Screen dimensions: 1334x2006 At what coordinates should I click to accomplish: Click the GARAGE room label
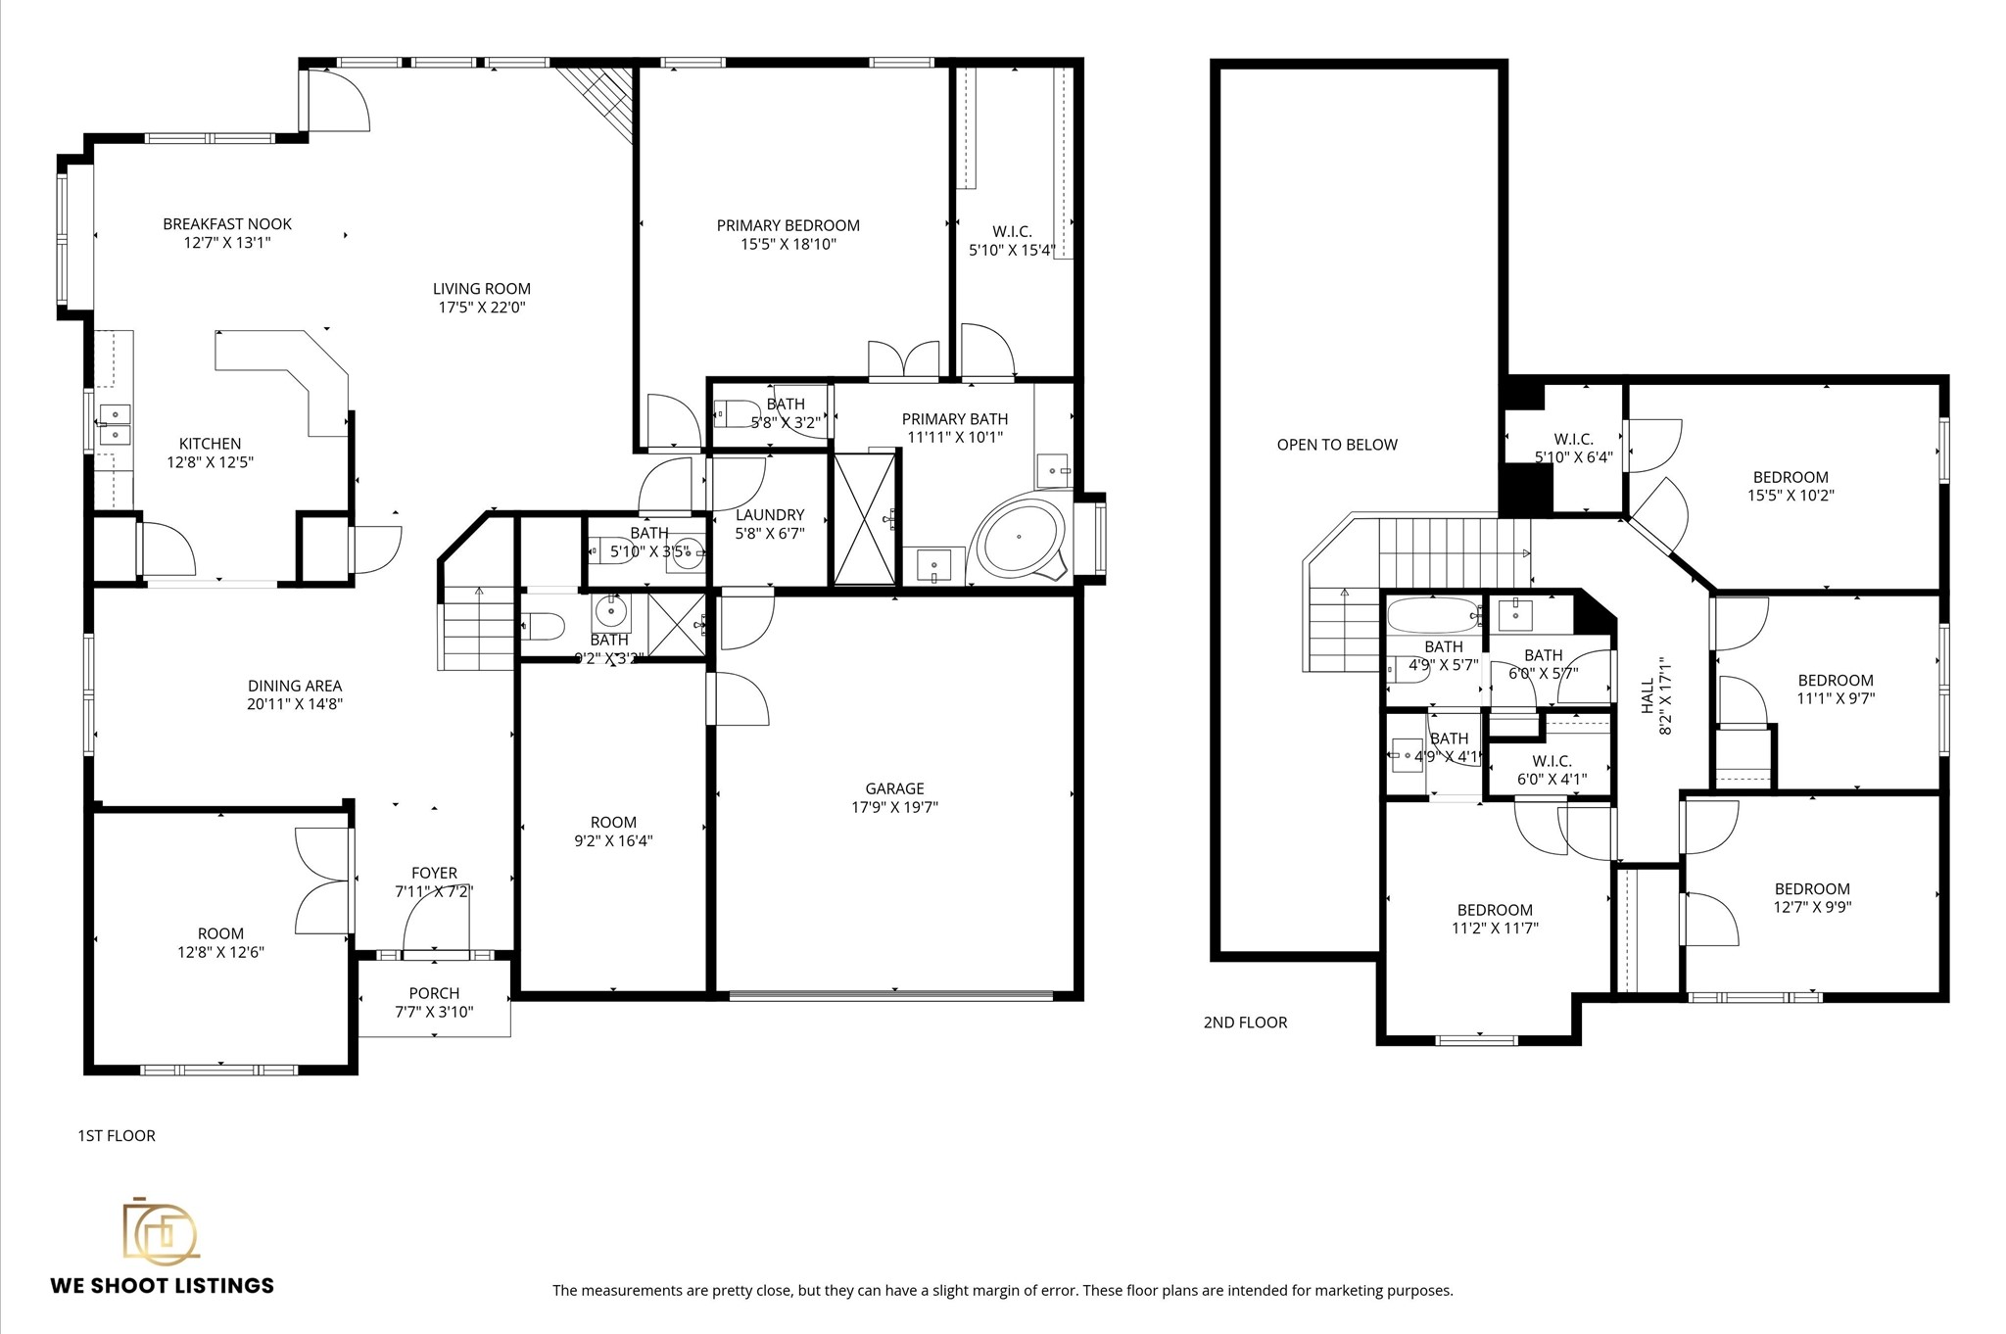click(x=894, y=788)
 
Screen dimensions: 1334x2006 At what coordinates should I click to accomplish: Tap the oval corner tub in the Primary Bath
click(x=1020, y=538)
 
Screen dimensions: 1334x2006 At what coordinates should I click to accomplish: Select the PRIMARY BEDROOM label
click(x=788, y=225)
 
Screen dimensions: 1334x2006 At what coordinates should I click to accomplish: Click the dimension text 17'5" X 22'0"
click(x=482, y=308)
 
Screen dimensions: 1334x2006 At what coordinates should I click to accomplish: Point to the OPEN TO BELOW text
click(x=1337, y=445)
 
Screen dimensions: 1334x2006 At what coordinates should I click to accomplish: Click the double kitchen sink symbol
click(x=116, y=424)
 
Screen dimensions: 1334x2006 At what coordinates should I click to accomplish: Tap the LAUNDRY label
click(x=770, y=515)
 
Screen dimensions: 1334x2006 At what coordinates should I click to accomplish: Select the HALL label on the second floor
click(x=1648, y=695)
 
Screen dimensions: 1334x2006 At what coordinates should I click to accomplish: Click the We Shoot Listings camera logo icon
click(x=160, y=1229)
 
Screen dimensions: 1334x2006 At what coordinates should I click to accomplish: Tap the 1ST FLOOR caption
click(x=117, y=1136)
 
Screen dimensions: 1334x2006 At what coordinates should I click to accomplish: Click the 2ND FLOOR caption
click(x=1245, y=1023)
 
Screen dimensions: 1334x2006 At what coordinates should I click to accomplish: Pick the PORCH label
click(x=434, y=993)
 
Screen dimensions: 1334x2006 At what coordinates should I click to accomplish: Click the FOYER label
click(x=434, y=873)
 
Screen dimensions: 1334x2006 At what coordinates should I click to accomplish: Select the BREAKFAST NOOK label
click(x=227, y=224)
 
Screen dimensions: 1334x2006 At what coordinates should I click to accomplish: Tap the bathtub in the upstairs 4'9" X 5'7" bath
click(x=1433, y=616)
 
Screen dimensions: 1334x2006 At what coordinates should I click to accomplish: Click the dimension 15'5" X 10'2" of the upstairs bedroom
click(x=1791, y=496)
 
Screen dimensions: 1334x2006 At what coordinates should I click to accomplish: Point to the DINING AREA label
click(x=295, y=686)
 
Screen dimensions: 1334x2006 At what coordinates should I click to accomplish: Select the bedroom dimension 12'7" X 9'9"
click(x=1812, y=907)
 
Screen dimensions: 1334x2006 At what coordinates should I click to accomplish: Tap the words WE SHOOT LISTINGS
click(x=163, y=1286)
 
